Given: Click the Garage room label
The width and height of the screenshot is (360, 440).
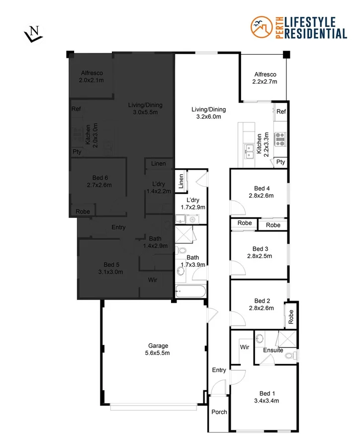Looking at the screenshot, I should tap(158, 349).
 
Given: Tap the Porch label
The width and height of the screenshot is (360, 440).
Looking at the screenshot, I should tap(219, 412).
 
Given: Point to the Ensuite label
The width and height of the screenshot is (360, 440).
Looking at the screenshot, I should tap(273, 350).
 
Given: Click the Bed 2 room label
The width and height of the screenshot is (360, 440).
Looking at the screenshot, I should tap(262, 304).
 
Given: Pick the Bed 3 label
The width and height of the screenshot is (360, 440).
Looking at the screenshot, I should tap(260, 252).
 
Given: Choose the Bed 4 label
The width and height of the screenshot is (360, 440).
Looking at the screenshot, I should tap(262, 192).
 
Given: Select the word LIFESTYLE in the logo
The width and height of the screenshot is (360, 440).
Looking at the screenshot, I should tap(309, 22).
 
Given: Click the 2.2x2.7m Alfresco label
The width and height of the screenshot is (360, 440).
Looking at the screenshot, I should tap(264, 78).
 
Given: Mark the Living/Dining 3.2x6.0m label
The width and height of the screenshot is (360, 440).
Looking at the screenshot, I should tap(208, 113).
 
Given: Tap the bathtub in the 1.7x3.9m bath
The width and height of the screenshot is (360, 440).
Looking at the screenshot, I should tap(189, 292).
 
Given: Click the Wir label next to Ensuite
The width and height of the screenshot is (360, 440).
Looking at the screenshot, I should tap(244, 346).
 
